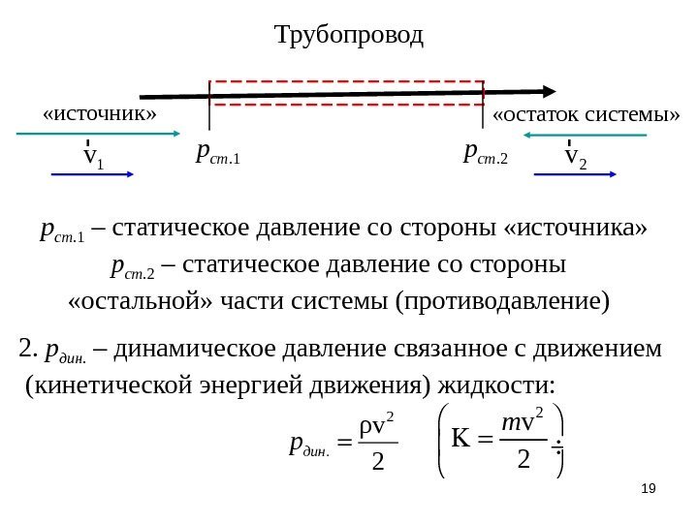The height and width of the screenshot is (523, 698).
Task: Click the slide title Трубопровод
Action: point(349,37)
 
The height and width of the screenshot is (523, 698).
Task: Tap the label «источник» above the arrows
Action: point(99,113)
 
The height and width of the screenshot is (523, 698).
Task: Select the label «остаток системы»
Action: point(587,115)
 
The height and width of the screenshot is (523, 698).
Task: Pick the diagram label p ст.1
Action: point(217,151)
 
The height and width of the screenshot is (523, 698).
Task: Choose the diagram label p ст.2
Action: point(487,151)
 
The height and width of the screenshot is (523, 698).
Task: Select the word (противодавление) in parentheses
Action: point(505,300)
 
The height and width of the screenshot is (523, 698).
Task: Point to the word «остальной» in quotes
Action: point(119,300)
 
